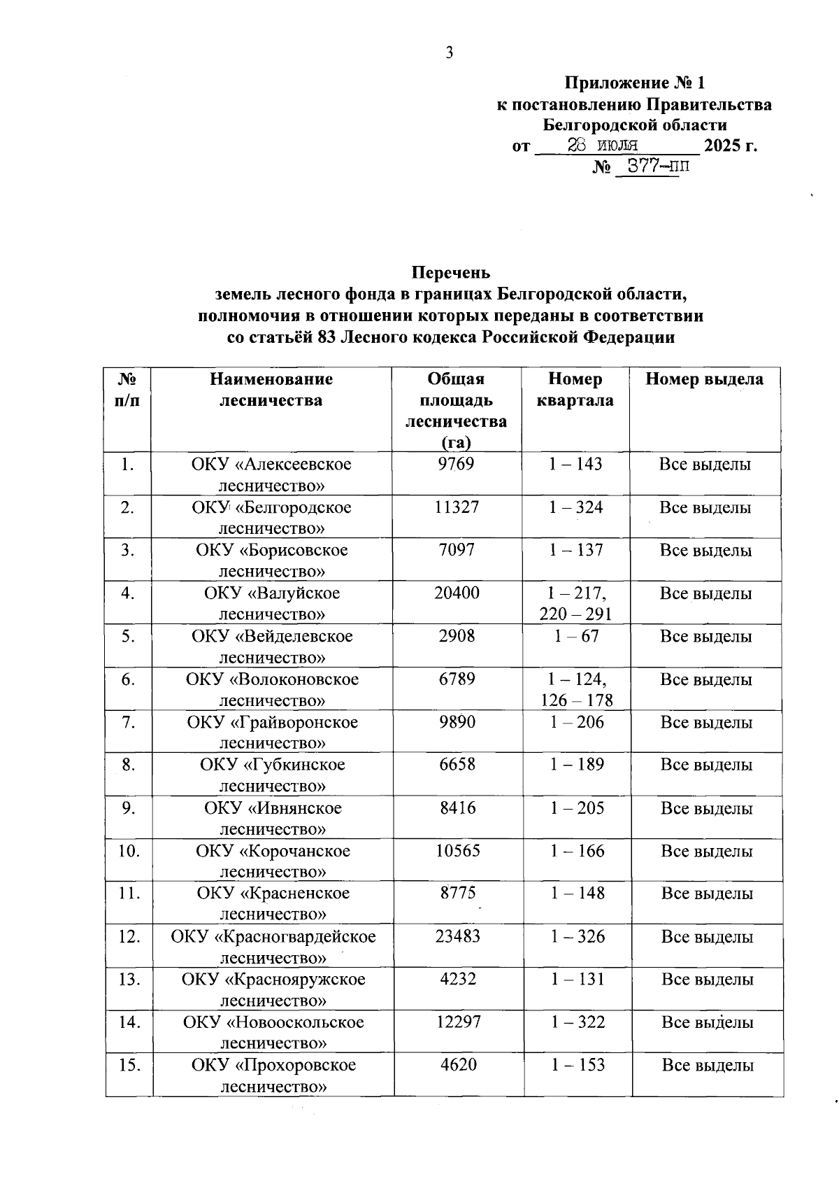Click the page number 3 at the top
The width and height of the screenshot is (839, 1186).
[x=450, y=53]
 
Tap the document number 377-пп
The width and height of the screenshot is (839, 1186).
[x=650, y=167]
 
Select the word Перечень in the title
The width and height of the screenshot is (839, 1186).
[x=450, y=272]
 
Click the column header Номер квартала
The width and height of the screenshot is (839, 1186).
[x=575, y=390]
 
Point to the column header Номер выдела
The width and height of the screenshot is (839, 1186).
[x=704, y=379]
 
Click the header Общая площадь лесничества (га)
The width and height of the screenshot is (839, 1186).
[x=456, y=410]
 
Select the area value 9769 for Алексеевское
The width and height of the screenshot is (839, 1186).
[x=456, y=464]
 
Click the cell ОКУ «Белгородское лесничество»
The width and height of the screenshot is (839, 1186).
[x=271, y=517]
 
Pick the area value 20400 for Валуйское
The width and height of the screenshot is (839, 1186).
[x=457, y=593]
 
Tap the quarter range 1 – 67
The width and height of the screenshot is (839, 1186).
[x=575, y=636]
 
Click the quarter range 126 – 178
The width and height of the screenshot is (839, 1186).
[x=576, y=700]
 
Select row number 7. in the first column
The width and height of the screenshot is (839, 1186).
[x=128, y=722]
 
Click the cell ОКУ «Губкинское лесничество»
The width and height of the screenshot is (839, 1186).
[x=272, y=775]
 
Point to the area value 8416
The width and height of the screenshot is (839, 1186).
[x=457, y=808]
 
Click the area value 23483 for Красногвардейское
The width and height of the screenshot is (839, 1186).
[x=457, y=936]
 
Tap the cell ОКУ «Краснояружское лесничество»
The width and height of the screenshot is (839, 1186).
[x=273, y=989]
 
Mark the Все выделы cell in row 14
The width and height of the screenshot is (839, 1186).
[x=707, y=1022]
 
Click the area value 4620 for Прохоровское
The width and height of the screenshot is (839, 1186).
[x=458, y=1065]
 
